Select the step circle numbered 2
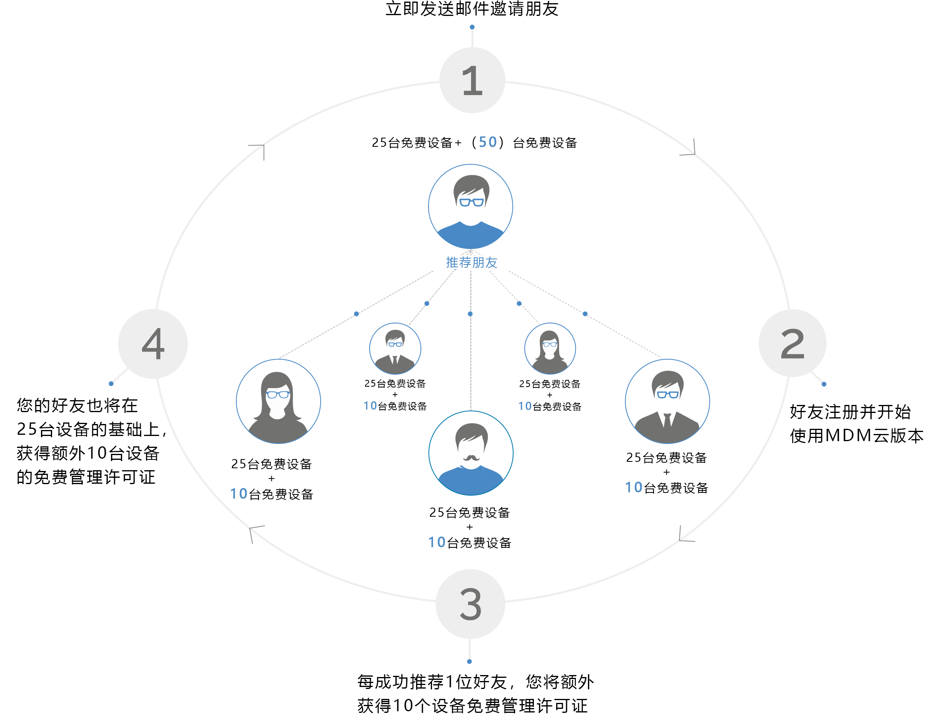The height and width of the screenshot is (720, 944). pos(792,343)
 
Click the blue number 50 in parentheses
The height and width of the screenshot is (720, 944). pos(487,142)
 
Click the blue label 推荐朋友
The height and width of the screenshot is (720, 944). pos(471,262)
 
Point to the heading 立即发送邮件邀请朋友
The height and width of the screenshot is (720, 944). pos(472,9)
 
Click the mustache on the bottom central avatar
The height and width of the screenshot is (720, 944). pos(471,458)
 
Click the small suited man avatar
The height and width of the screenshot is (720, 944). pos(395,348)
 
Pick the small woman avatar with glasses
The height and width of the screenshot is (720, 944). pos(549,348)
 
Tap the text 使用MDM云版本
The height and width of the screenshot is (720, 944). pos(856,436)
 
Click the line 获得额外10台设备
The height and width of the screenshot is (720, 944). pos(88,453)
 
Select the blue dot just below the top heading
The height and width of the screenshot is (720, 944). pos(472,27)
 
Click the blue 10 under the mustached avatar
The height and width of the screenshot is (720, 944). pos(436,542)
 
